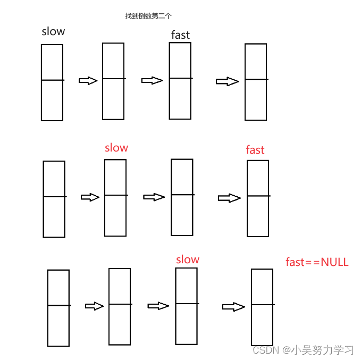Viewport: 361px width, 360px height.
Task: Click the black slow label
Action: click(x=53, y=31)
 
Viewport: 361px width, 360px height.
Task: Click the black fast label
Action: click(x=180, y=35)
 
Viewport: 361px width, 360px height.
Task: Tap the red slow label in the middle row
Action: click(x=116, y=148)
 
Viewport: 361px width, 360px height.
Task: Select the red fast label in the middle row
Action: click(x=255, y=150)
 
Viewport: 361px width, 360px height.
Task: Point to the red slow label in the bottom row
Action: click(x=188, y=259)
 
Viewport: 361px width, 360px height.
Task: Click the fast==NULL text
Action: click(x=317, y=262)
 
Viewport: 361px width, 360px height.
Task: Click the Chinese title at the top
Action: click(x=141, y=16)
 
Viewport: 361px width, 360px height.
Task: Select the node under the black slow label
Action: click(x=52, y=82)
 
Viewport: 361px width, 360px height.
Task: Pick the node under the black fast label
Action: click(x=180, y=81)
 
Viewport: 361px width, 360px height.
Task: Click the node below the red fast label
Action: click(x=258, y=198)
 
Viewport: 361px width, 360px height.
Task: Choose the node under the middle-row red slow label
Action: click(x=115, y=197)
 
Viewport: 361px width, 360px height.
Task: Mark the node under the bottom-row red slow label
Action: click(x=186, y=306)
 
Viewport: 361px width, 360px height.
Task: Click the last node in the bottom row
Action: click(x=262, y=307)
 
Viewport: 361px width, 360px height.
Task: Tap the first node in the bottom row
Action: click(x=58, y=308)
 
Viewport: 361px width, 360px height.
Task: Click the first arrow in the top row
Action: click(x=88, y=81)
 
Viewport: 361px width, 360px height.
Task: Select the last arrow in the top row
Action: click(x=227, y=81)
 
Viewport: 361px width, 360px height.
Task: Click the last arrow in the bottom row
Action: click(x=233, y=307)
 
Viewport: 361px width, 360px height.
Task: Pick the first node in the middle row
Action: click(x=54, y=199)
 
